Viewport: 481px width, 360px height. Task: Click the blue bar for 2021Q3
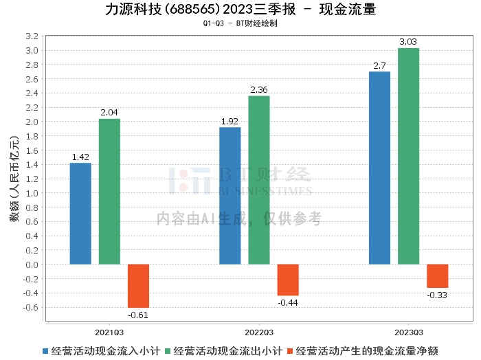pyautogui.click(x=80, y=213)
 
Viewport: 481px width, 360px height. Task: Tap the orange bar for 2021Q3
pyautogui.click(x=138, y=286)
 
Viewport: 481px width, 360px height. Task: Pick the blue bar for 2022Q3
pyautogui.click(x=230, y=195)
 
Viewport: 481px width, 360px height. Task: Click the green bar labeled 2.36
pyautogui.click(x=258, y=180)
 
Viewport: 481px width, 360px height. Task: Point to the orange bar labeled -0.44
pyautogui.click(x=287, y=280)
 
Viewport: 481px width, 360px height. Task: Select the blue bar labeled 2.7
pyautogui.click(x=379, y=168)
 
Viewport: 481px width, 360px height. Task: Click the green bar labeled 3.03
pyautogui.click(x=408, y=156)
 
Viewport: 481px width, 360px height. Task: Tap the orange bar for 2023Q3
pyautogui.click(x=437, y=275)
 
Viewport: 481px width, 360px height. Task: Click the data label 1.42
pyautogui.click(x=80, y=157)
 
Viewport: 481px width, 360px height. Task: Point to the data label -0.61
pyautogui.click(x=138, y=315)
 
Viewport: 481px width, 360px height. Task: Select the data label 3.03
pyautogui.click(x=408, y=43)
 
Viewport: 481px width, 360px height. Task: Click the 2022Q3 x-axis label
pyautogui.click(x=258, y=331)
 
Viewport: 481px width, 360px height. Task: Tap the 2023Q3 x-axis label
pyautogui.click(x=408, y=331)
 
